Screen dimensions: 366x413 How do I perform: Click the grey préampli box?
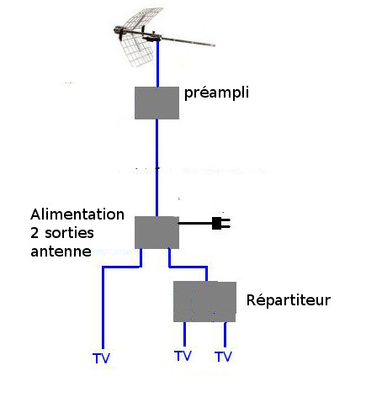[x=156, y=103]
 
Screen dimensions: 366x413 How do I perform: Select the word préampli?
[x=216, y=93]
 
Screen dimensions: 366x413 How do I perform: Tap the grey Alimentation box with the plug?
[x=156, y=232]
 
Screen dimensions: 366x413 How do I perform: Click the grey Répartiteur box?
[x=204, y=302]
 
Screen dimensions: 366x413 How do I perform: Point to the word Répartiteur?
[x=289, y=299]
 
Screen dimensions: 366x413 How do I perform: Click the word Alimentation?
[x=77, y=214]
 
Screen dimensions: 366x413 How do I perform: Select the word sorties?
[x=69, y=233]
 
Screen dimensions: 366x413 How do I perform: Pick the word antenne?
[x=61, y=252]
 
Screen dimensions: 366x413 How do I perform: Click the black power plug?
[x=221, y=223]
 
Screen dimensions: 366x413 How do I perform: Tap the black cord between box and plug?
[x=195, y=224]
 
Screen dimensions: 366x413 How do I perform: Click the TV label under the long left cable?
[x=101, y=358]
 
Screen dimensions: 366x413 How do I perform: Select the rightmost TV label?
[x=224, y=357]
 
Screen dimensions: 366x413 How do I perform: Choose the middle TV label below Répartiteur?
[x=183, y=356]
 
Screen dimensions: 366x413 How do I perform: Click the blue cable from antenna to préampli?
[x=157, y=64]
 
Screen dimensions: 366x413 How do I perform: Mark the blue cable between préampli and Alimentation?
[x=156, y=167]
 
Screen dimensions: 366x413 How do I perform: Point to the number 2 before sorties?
[x=34, y=233]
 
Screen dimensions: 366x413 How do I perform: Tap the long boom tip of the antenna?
[x=215, y=45]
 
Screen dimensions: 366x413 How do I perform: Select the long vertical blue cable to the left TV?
[x=103, y=307]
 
